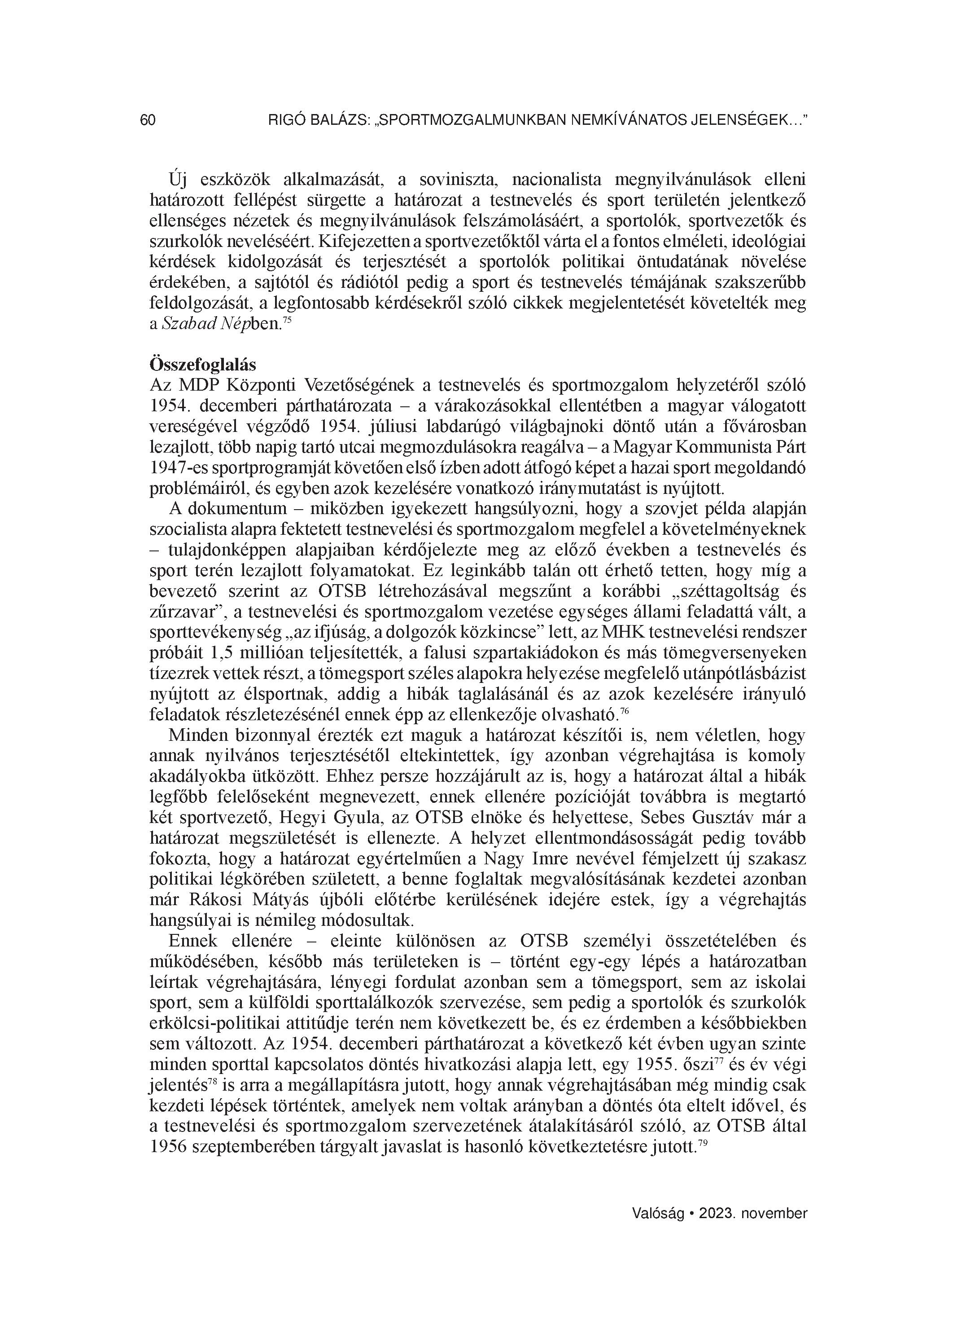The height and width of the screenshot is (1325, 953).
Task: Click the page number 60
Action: tap(148, 120)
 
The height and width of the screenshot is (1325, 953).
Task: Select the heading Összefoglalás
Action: tap(203, 364)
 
